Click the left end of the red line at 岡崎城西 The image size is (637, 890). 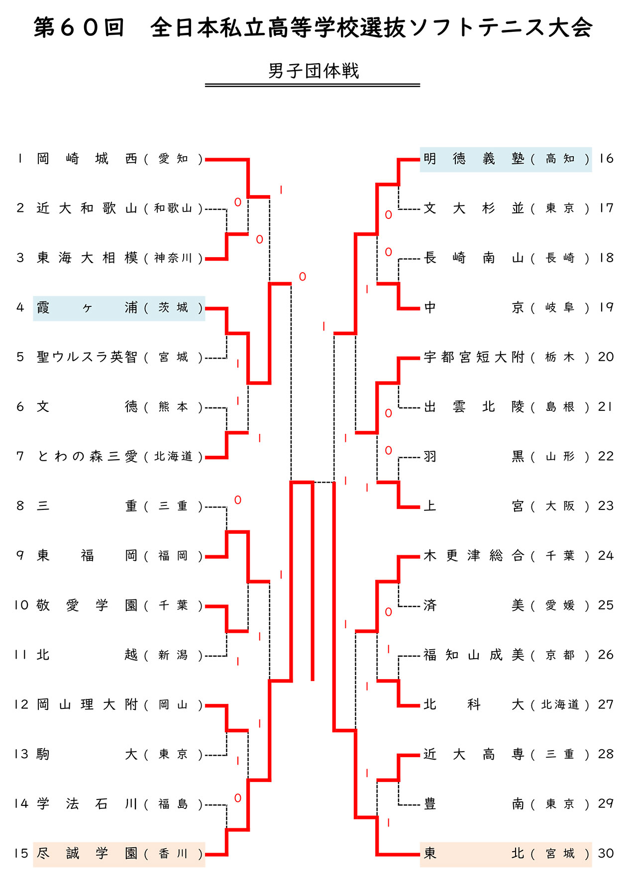pyautogui.click(x=206, y=159)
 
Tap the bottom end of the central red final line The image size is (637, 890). pyautogui.click(x=313, y=680)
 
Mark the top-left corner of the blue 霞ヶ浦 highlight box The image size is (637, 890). pyautogui.click(x=33, y=297)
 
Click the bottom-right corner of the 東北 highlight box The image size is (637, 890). pyautogui.click(x=592, y=867)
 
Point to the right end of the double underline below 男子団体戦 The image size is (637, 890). pyautogui.click(x=420, y=85)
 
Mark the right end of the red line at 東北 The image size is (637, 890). pyautogui.click(x=420, y=855)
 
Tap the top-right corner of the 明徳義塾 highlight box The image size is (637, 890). pyautogui.click(x=592, y=147)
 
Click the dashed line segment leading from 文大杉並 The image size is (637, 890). pyautogui.click(x=409, y=209)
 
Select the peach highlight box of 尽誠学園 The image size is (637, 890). pyautogui.click(x=119, y=855)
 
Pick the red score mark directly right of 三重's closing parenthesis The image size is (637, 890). pyautogui.click(x=238, y=500)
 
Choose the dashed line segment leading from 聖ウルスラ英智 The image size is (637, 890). pyautogui.click(x=216, y=358)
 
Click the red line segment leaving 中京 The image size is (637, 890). pyautogui.click(x=409, y=308)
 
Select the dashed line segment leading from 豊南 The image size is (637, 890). pyautogui.click(x=409, y=805)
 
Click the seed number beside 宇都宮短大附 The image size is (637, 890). pyautogui.click(x=606, y=357)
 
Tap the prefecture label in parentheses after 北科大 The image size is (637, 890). pyautogui.click(x=560, y=705)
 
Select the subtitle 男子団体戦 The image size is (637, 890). pyautogui.click(x=314, y=71)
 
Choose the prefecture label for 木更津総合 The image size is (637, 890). pyautogui.click(x=560, y=556)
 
